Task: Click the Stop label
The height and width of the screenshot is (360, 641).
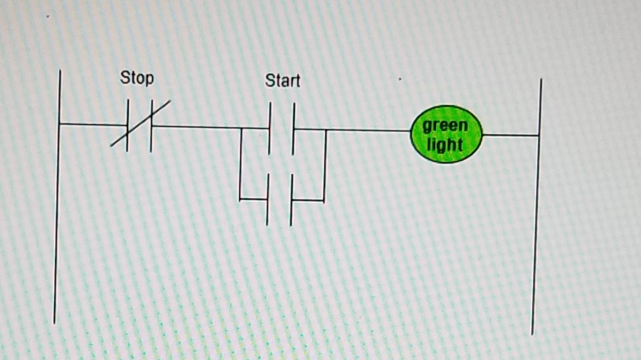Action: coord(137,78)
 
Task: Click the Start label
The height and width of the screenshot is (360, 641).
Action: coord(282,81)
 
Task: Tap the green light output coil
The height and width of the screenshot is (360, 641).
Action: coord(446,134)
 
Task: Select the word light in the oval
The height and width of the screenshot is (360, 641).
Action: coord(445,144)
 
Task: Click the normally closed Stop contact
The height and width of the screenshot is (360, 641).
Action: coord(139,125)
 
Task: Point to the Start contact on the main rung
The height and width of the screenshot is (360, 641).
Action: coord(281,129)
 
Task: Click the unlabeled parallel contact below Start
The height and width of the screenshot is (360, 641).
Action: coord(279,200)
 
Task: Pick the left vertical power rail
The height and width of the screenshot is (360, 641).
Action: coord(57,205)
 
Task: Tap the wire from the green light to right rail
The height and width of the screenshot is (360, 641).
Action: coord(510,135)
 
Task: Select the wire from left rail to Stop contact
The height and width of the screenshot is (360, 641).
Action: coord(92,124)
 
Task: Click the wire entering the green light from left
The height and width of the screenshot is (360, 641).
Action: coord(369,130)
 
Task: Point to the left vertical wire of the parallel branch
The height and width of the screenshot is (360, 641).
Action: coord(240,164)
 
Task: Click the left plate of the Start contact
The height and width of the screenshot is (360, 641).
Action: coord(270,129)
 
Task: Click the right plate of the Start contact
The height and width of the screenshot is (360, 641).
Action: coord(294,129)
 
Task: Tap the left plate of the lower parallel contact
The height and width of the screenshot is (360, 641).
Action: coord(267,200)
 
